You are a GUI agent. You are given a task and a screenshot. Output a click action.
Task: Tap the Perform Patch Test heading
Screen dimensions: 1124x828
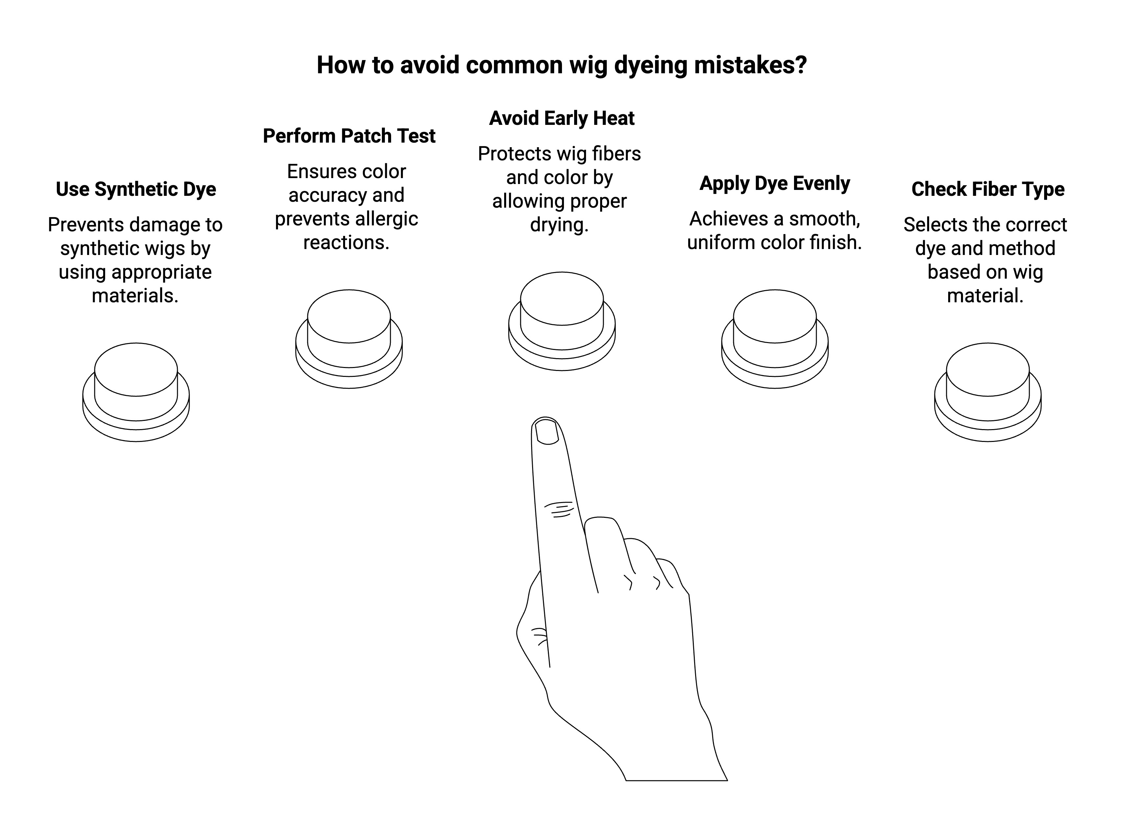pyautogui.click(x=349, y=136)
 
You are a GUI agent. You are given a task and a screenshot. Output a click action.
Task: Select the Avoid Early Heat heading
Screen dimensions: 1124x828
pyautogui.click(x=561, y=118)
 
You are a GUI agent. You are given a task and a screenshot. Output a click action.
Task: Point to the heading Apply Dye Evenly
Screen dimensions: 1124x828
pyautogui.click(x=775, y=183)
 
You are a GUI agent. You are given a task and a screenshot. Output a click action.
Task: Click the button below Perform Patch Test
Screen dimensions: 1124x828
pyautogui.click(x=349, y=339)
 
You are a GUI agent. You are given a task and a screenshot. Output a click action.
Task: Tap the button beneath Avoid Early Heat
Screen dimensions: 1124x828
pyautogui.click(x=561, y=321)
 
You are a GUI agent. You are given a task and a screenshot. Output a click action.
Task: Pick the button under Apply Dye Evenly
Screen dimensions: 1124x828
pyautogui.click(x=775, y=339)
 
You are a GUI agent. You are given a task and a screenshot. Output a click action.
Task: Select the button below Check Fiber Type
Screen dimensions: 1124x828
pyautogui.click(x=988, y=392)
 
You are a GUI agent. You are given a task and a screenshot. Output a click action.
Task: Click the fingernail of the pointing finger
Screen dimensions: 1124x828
pyautogui.click(x=547, y=431)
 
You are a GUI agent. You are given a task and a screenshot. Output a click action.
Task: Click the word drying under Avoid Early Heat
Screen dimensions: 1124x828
pyautogui.click(x=559, y=225)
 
